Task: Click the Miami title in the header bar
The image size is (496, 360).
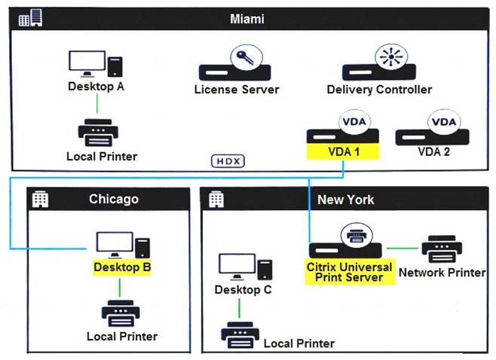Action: click(246, 18)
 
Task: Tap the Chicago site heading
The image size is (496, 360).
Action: click(114, 199)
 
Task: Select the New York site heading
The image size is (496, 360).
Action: click(345, 199)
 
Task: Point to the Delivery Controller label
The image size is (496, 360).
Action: click(379, 90)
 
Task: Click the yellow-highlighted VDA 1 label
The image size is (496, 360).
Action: click(341, 151)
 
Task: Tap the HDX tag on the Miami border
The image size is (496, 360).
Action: click(228, 161)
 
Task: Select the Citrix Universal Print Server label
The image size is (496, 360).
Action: click(350, 272)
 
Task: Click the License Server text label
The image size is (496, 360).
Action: click(237, 90)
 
